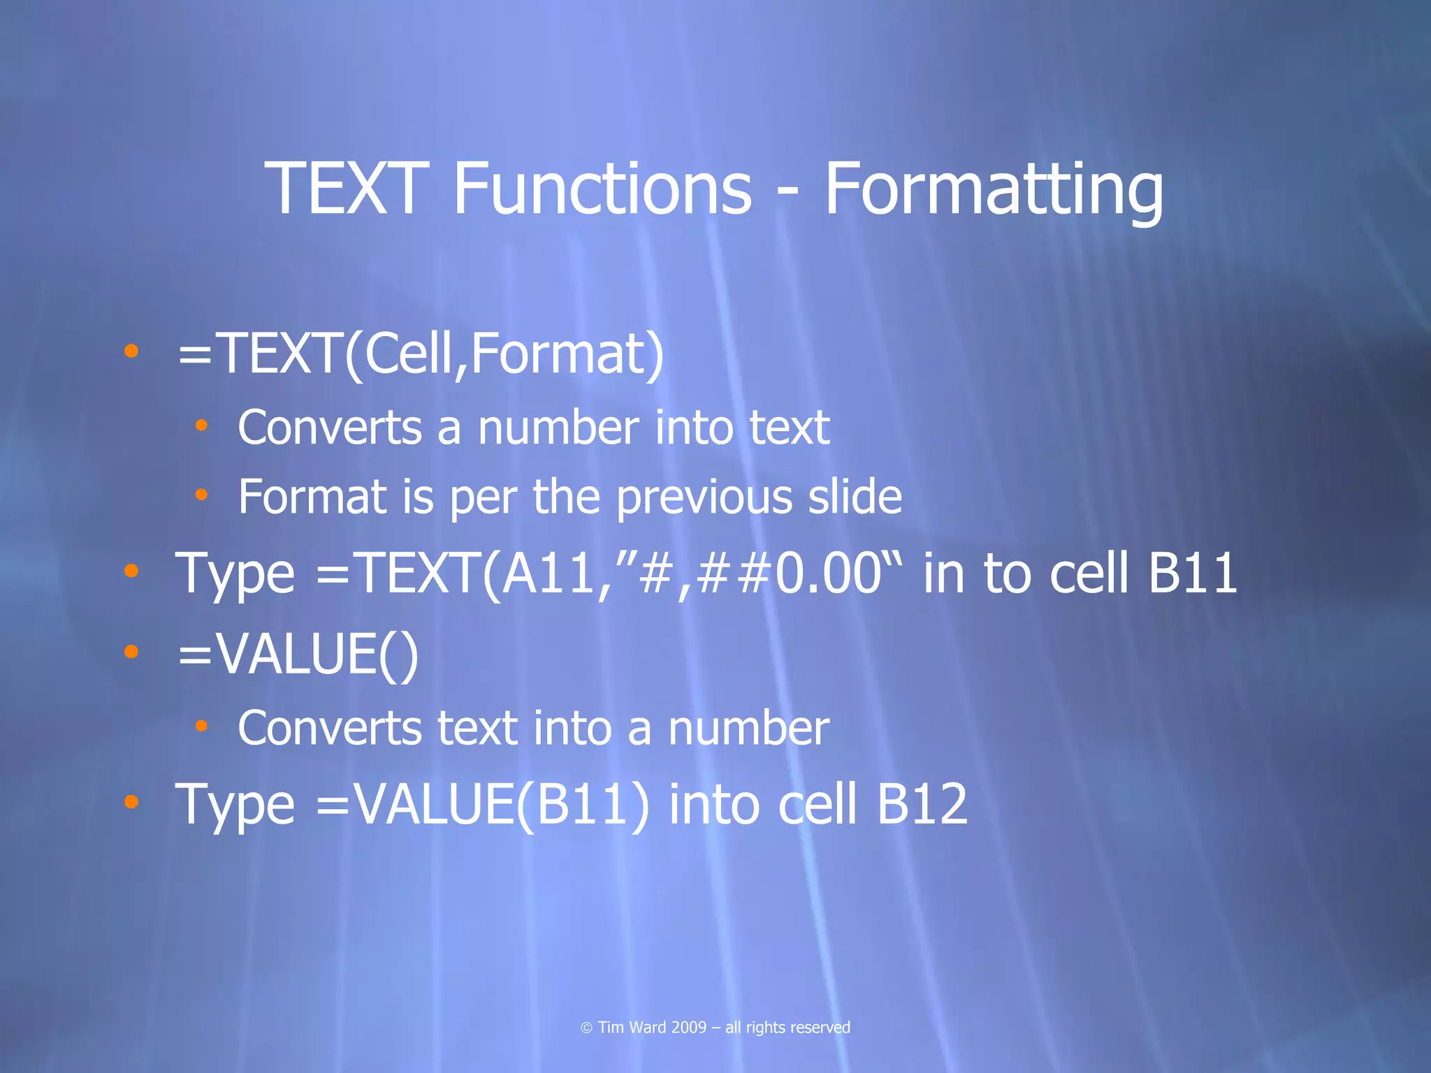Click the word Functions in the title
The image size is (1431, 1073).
602,189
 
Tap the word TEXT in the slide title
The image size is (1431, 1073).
346,189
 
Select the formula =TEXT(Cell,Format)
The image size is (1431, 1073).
421,354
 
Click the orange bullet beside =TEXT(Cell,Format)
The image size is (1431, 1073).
131,351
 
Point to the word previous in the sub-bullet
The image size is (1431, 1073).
704,497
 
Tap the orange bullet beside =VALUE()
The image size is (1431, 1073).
131,652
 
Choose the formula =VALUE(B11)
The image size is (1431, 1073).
482,804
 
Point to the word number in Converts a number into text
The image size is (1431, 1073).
558,428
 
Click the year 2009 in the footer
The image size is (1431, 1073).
688,1028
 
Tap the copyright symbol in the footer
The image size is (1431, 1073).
586,1028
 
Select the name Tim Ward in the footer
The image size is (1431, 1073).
632,1028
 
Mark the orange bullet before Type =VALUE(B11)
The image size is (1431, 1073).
131,802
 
